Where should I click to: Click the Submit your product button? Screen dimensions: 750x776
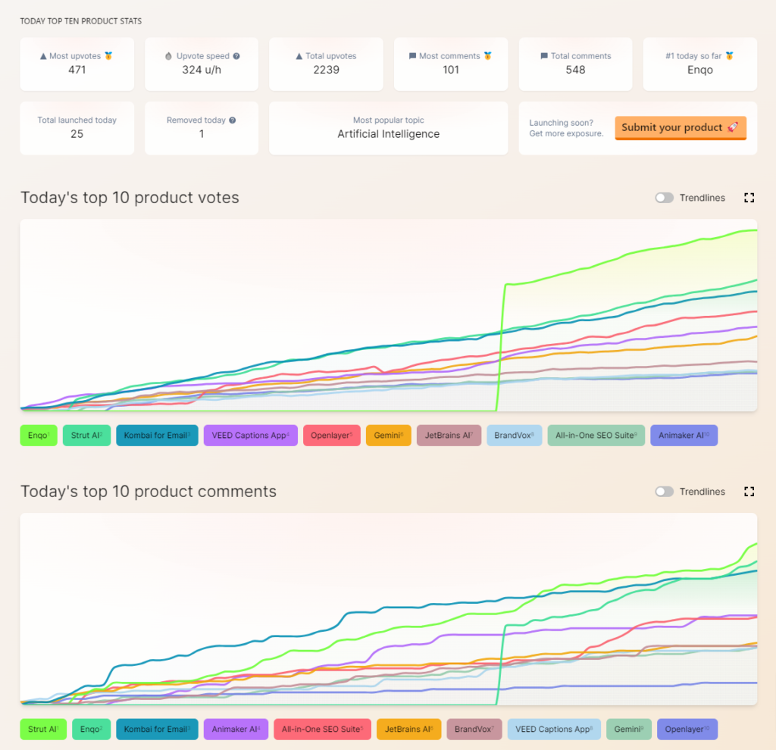coord(680,127)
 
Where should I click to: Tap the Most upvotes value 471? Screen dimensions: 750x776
coord(77,70)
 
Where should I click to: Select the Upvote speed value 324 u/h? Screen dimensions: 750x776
coord(202,70)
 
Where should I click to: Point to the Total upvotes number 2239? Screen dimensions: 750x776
coord(326,70)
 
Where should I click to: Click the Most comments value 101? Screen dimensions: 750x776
coord(451,70)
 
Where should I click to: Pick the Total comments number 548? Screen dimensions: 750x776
coord(575,70)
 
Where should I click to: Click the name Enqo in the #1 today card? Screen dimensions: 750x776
coord(699,70)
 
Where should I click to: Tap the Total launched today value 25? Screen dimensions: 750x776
coord(77,134)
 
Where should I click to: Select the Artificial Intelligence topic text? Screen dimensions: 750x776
coord(388,134)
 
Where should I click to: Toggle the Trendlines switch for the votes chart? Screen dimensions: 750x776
coord(665,198)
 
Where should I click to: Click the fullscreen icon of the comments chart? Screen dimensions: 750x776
coord(749,492)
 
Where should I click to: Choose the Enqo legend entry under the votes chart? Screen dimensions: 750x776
coord(39,436)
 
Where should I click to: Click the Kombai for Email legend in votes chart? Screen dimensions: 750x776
coord(157,436)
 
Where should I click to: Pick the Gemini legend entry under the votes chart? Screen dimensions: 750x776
coord(389,436)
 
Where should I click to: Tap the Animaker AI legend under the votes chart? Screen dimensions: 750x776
coord(684,436)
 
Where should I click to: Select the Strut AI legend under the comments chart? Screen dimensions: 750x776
coord(43,730)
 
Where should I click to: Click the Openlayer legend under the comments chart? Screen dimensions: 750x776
coord(687,730)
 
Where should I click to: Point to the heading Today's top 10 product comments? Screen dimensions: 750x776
coord(149,492)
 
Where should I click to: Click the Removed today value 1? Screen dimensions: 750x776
coord(202,134)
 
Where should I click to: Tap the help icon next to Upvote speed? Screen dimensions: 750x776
coord(236,56)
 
